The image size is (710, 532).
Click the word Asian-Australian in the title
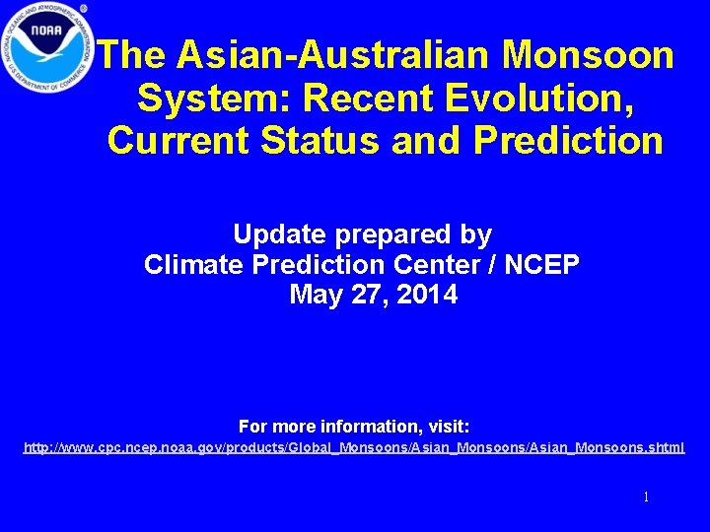(329, 55)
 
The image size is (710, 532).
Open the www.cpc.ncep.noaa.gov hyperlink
(354, 448)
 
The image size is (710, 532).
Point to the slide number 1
(646, 498)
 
